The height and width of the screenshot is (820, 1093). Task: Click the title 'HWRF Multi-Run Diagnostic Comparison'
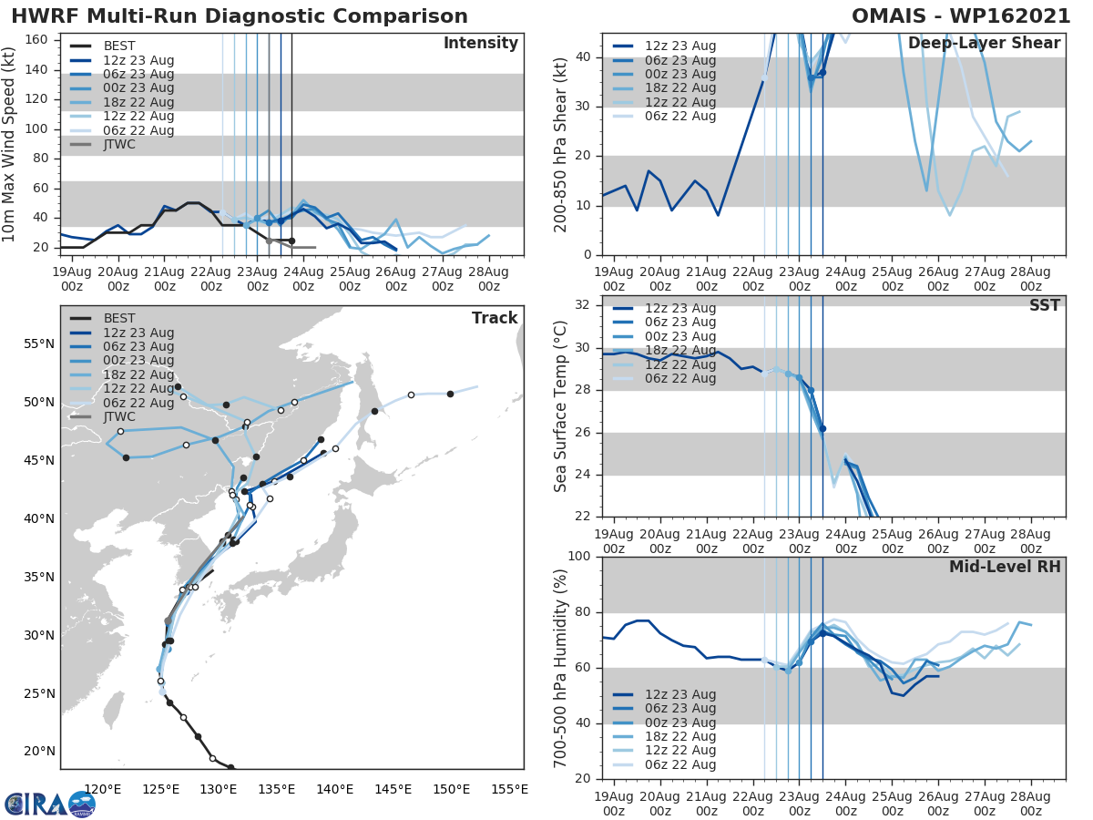click(240, 16)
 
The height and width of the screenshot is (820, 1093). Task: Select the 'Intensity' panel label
click(480, 44)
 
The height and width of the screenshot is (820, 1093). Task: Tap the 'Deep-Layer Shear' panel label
click(984, 44)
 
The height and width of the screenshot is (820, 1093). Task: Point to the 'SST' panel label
click(1044, 305)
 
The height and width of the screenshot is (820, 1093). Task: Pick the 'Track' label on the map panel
click(495, 318)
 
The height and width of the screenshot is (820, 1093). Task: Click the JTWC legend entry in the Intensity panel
click(118, 144)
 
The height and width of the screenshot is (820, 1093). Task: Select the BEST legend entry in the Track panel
click(118, 318)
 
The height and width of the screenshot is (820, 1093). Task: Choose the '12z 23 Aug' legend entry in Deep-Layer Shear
click(679, 46)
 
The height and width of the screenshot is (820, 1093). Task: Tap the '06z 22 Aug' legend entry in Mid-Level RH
click(679, 764)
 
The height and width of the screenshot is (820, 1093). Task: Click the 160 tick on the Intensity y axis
click(36, 39)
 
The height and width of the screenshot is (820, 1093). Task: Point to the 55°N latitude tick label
click(37, 343)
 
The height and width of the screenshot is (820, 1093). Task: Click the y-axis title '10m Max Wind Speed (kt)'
click(11, 144)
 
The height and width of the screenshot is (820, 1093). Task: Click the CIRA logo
click(49, 805)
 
